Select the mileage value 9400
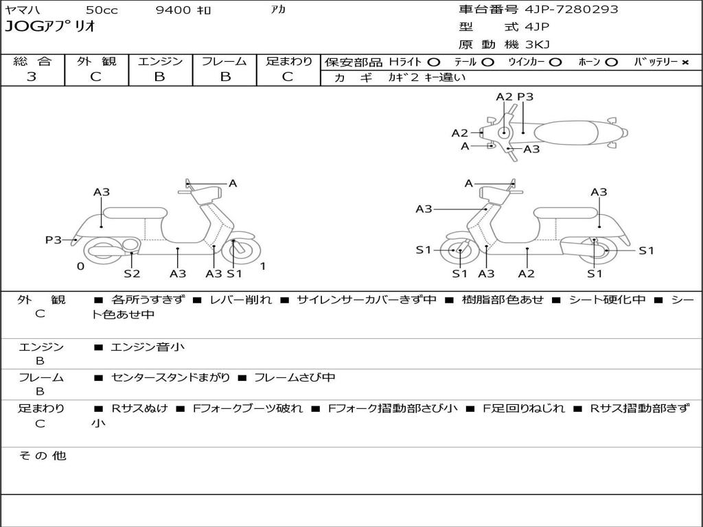pyautogui.click(x=175, y=10)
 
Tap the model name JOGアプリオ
pyautogui.click(x=49, y=27)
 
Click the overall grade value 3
pyautogui.click(x=32, y=77)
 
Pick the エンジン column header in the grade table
pyautogui.click(x=160, y=61)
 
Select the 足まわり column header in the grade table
pyautogui.click(x=288, y=61)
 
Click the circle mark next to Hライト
pyautogui.click(x=433, y=62)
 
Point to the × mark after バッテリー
pyautogui.click(x=684, y=62)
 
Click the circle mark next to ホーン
pyautogui.click(x=611, y=62)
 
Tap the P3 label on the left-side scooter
pyautogui.click(x=54, y=239)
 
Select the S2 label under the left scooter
pyautogui.click(x=132, y=274)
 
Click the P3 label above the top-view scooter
pyautogui.click(x=525, y=97)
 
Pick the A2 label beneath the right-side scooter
pyautogui.click(x=527, y=274)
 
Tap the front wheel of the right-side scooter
pyautogui.click(x=459, y=251)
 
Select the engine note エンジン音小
pyautogui.click(x=147, y=347)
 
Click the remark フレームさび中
pyautogui.click(x=295, y=377)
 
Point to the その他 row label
pyautogui.click(x=42, y=456)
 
